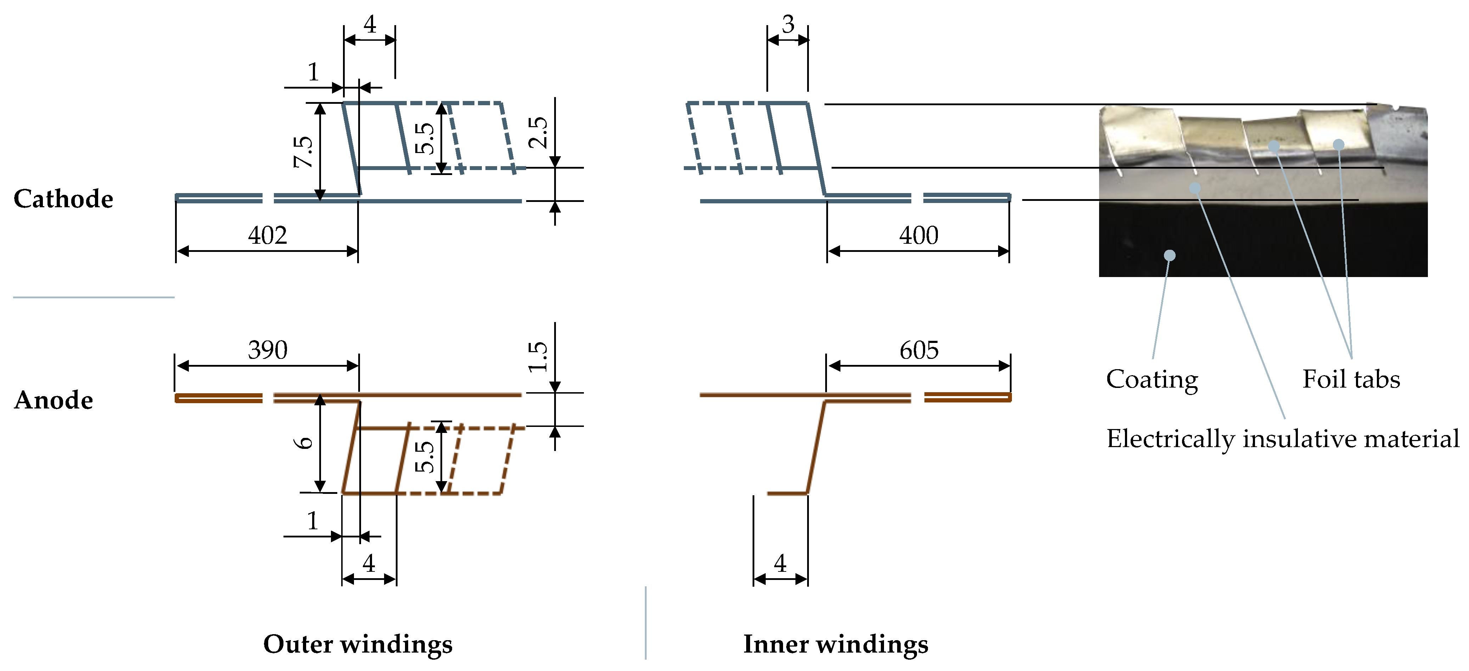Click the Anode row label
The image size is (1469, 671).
pyautogui.click(x=54, y=400)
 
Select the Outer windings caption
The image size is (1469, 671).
pyautogui.click(x=358, y=644)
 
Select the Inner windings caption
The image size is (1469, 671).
pyautogui.click(x=835, y=644)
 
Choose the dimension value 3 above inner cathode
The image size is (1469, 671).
pyautogui.click(x=788, y=24)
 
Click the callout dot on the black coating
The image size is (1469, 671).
pyautogui.click(x=1170, y=255)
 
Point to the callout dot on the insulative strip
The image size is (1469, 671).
pyautogui.click(x=1195, y=187)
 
